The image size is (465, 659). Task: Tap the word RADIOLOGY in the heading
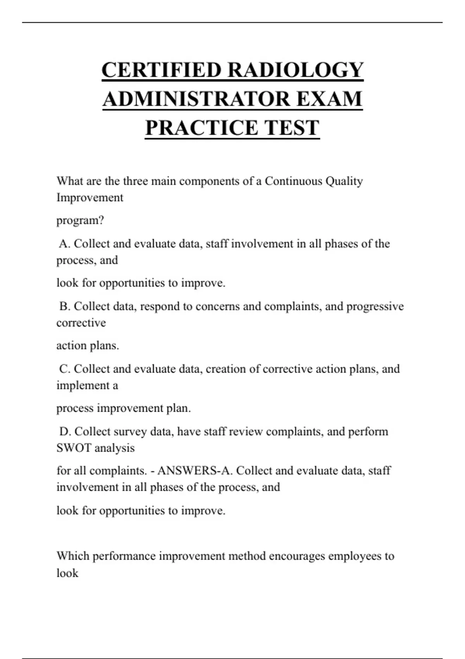point(295,70)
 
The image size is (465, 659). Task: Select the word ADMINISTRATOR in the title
point(197,99)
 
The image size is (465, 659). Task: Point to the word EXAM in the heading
point(329,99)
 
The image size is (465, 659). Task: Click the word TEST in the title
point(291,128)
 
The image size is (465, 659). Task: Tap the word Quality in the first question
point(344,181)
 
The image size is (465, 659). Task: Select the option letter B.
point(65,306)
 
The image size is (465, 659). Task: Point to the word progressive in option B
point(375,306)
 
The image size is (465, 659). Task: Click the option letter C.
point(65,369)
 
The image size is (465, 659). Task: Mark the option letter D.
point(65,431)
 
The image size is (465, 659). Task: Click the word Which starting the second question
point(73,556)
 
